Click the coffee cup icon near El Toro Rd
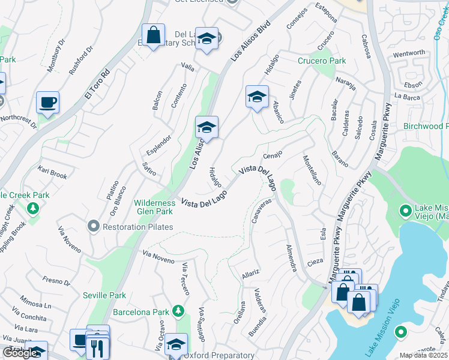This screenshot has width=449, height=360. point(47,102)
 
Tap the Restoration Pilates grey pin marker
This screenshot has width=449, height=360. point(92,226)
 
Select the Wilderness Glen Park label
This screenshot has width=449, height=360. point(154,207)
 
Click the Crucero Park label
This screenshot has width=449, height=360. point(322,61)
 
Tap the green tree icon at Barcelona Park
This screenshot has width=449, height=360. point(178,310)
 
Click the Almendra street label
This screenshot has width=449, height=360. point(291,257)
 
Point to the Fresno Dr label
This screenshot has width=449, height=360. point(56,280)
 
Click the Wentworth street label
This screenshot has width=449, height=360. point(409,53)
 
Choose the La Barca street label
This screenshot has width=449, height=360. point(406,96)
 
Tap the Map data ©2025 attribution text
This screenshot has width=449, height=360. point(423,355)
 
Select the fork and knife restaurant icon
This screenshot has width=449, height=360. point(97,347)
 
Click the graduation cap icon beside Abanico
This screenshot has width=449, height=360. point(256,97)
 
